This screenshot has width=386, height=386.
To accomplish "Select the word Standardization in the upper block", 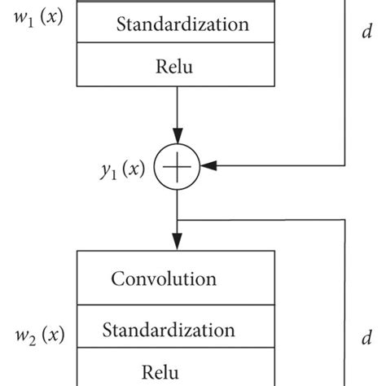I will coord(182,24).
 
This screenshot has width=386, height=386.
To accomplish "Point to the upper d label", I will coord(366,33).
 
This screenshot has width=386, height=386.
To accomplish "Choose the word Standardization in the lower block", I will coord(168,330).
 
